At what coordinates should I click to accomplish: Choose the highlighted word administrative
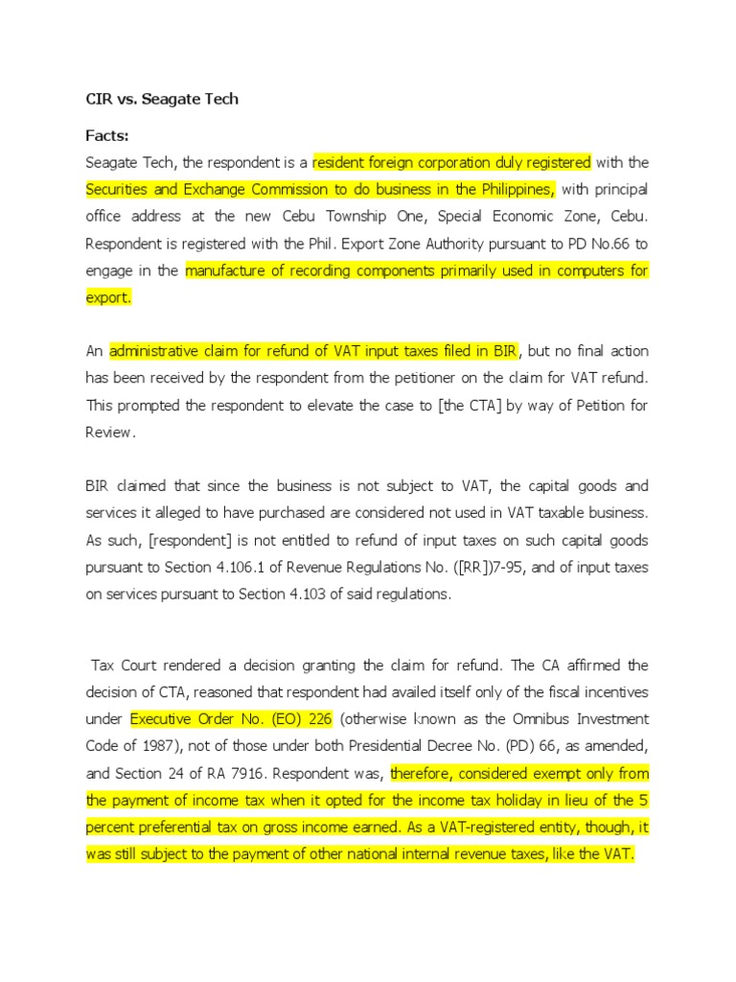tap(157, 351)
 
